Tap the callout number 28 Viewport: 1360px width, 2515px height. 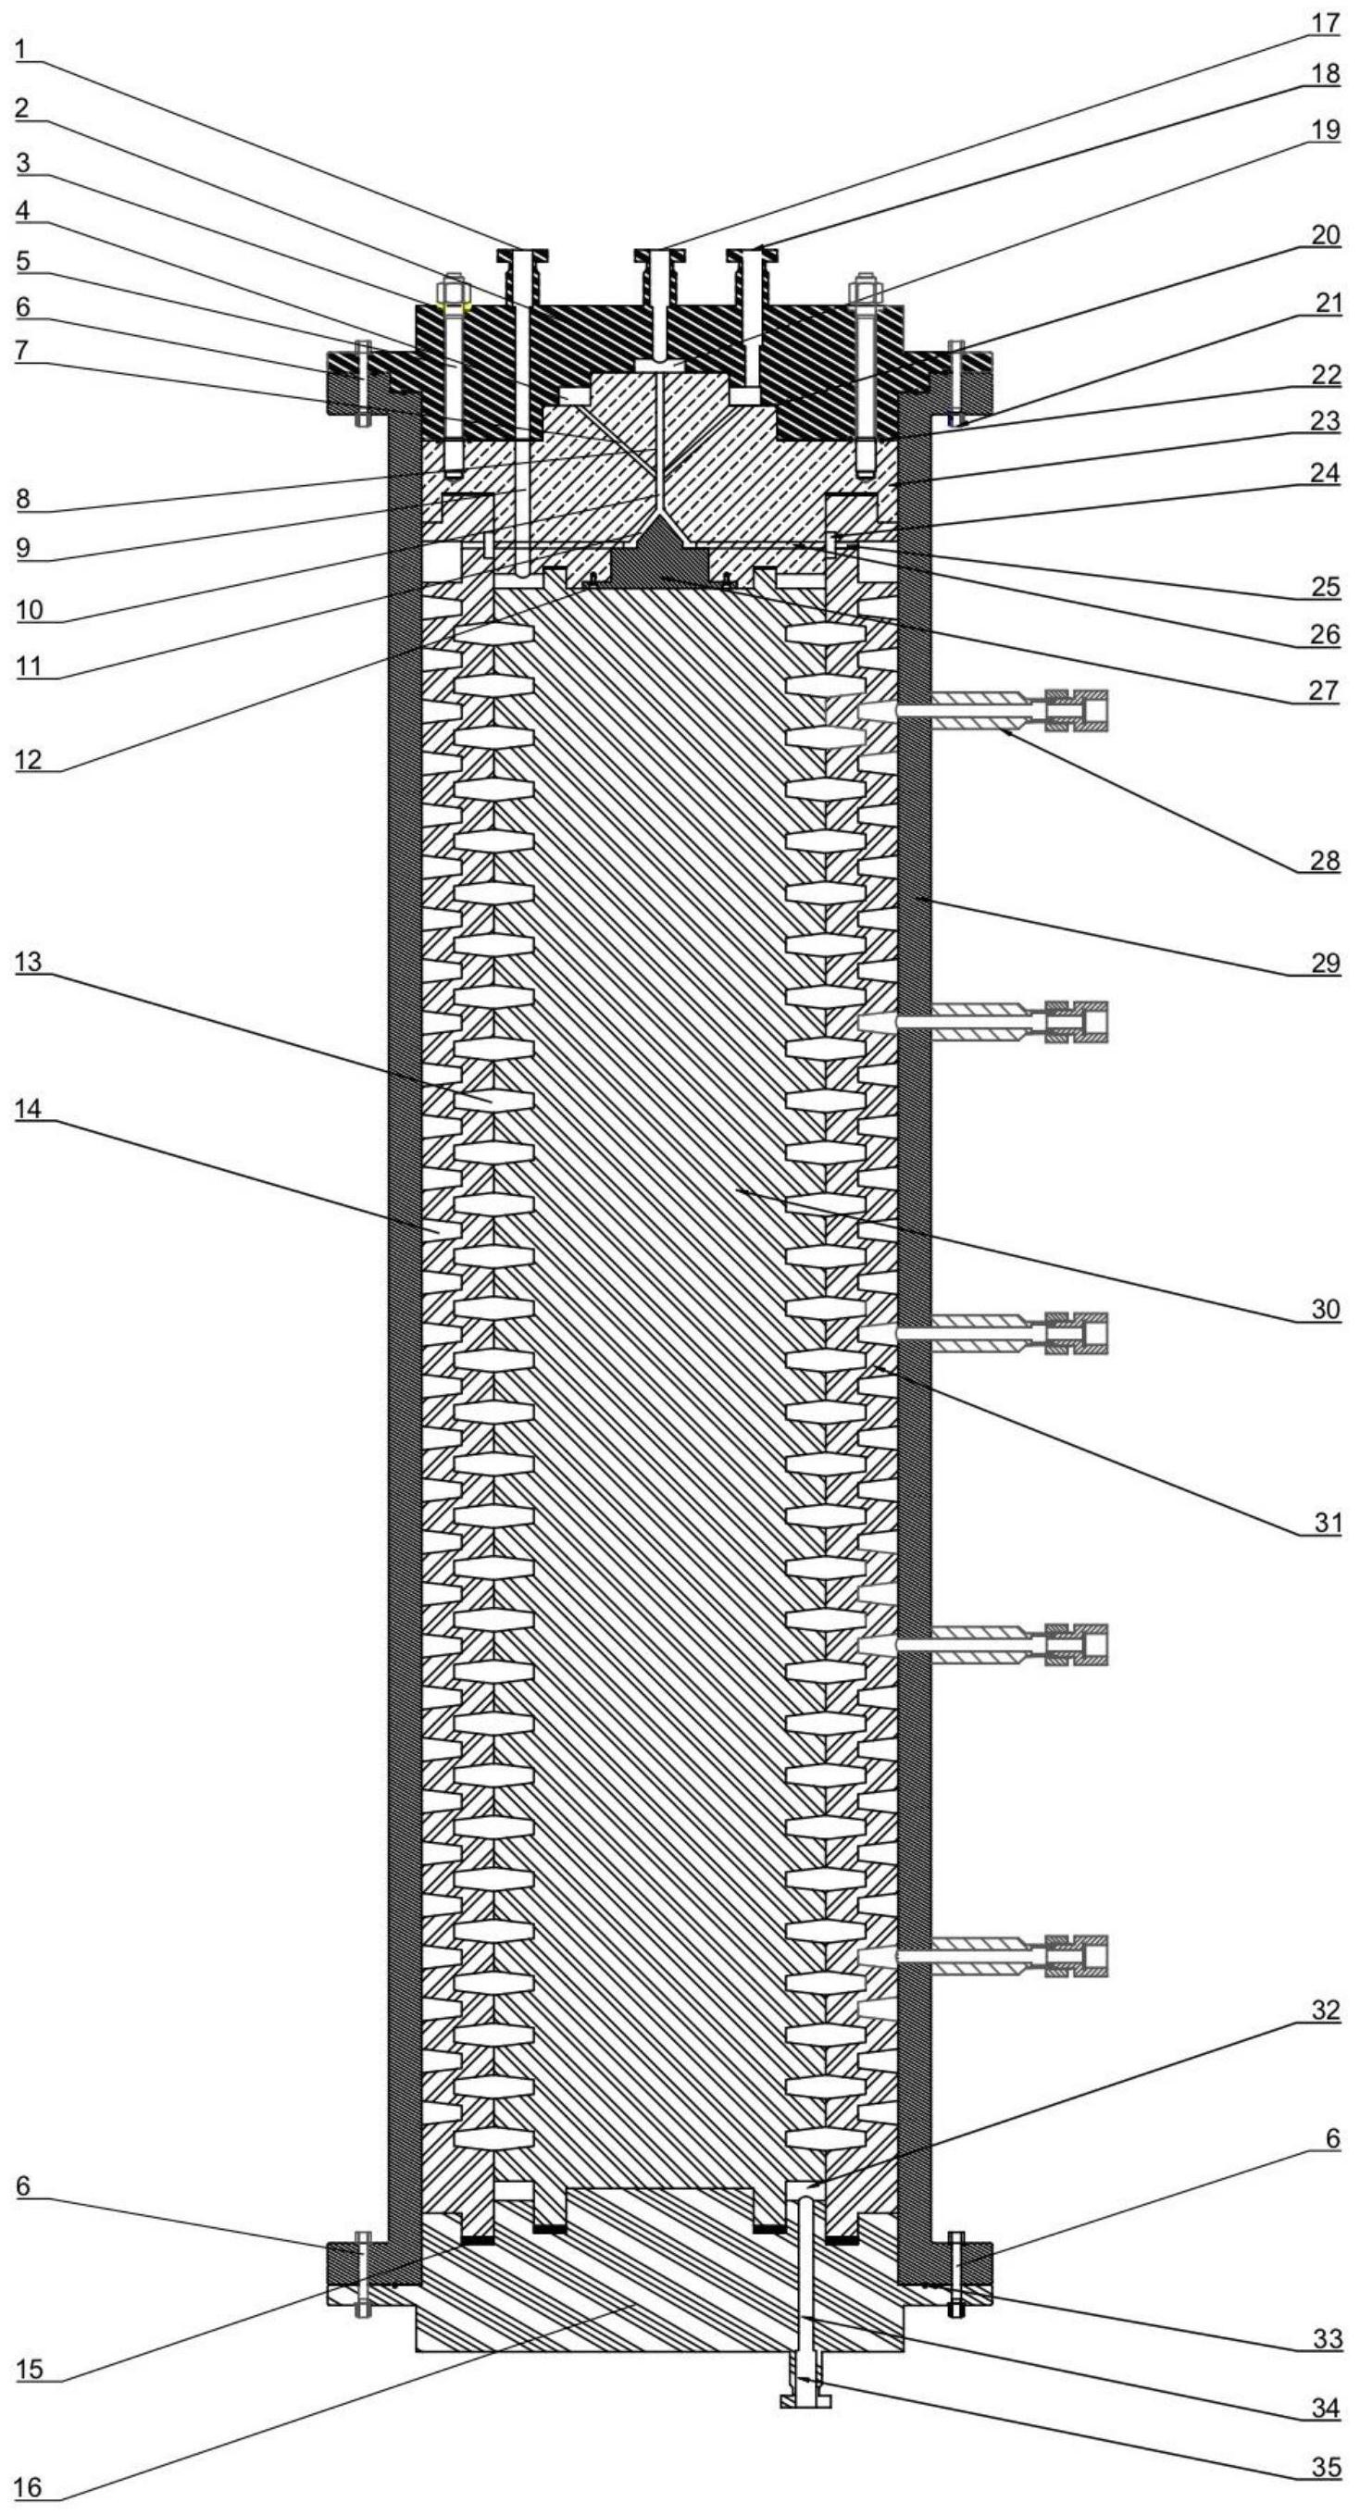(1325, 860)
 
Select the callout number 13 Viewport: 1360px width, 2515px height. (30, 963)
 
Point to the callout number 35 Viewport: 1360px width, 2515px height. (1325, 2466)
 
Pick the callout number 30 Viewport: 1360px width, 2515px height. (1325, 1308)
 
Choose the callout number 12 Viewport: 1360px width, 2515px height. (30, 759)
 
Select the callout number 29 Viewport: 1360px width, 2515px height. (1325, 962)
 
